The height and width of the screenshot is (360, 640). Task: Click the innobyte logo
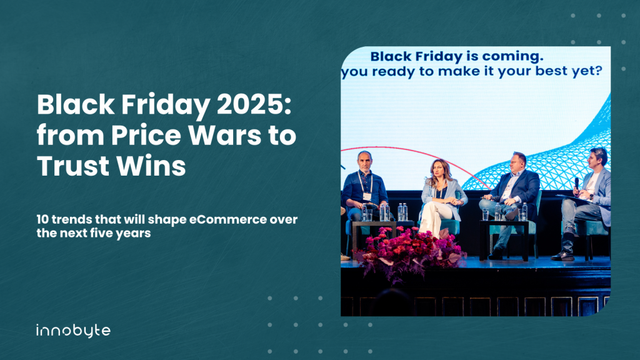[x=73, y=331]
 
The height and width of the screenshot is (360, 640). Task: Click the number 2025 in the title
[x=254, y=105]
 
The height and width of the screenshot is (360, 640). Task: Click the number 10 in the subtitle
[x=42, y=219]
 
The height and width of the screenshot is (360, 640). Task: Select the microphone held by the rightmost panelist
[x=577, y=185]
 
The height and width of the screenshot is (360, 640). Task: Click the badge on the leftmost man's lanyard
[x=367, y=196]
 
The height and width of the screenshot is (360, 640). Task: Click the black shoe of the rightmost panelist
[x=563, y=256]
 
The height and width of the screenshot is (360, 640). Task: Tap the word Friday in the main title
[x=166, y=105]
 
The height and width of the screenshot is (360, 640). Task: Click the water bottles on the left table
[x=384, y=212]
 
